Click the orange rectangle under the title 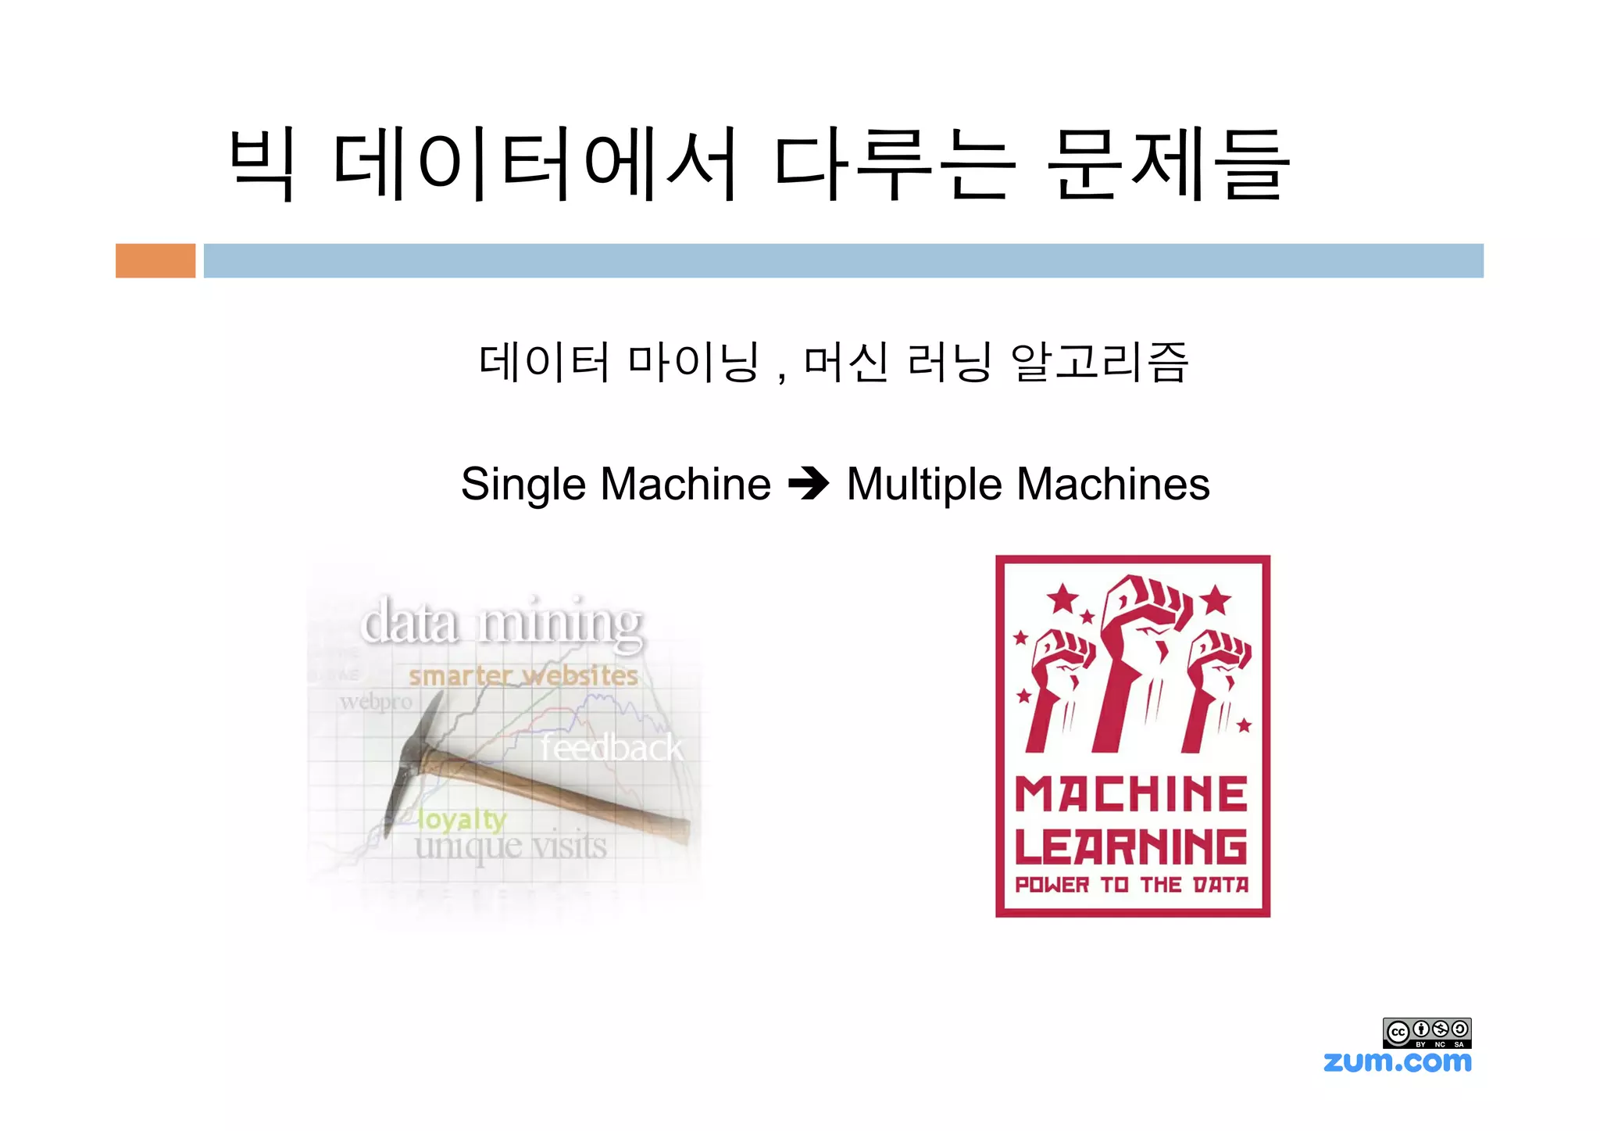pyautogui.click(x=155, y=260)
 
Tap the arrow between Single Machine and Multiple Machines pyautogui.click(x=809, y=484)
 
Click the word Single pyautogui.click(x=523, y=485)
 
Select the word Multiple pyautogui.click(x=924, y=485)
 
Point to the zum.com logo pyautogui.click(x=1397, y=1062)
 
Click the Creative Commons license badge pyautogui.click(x=1427, y=1033)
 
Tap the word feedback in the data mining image pyautogui.click(x=612, y=749)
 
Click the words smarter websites pyautogui.click(x=523, y=675)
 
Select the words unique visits pyautogui.click(x=511, y=846)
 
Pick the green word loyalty pyautogui.click(x=462, y=819)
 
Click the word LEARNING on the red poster pyautogui.click(x=1131, y=846)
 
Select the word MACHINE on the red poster pyautogui.click(x=1131, y=795)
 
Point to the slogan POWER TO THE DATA pyautogui.click(x=1131, y=885)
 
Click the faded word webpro pyautogui.click(x=376, y=702)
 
